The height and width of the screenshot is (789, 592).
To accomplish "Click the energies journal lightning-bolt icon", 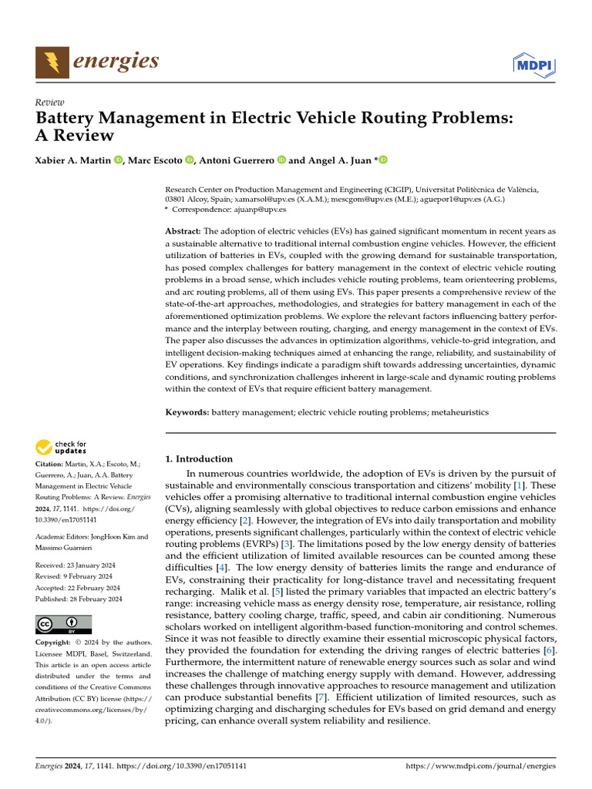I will (51, 62).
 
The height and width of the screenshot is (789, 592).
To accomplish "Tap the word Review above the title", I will (50, 102).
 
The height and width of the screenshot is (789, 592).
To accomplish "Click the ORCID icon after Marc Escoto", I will (190, 159).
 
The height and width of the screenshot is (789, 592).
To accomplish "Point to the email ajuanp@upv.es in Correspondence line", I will (261, 209).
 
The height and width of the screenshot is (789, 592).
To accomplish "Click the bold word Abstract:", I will (183, 231).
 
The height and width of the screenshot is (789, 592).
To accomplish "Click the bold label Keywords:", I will (187, 412).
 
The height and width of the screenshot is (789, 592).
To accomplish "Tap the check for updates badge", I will (61, 447).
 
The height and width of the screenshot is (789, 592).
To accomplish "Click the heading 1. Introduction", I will (199, 458).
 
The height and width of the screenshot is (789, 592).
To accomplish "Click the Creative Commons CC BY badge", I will (63, 624).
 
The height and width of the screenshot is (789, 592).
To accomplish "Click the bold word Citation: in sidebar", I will (51, 465).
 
